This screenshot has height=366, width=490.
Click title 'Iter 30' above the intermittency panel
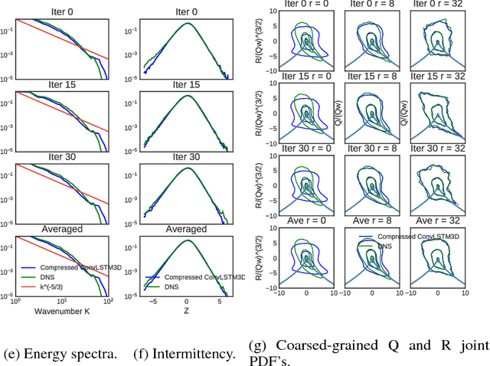point(186,156)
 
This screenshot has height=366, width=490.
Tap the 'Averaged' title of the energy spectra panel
point(62,229)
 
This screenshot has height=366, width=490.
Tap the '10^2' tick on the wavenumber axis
point(108,302)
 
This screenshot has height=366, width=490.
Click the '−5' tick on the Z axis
point(152,302)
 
